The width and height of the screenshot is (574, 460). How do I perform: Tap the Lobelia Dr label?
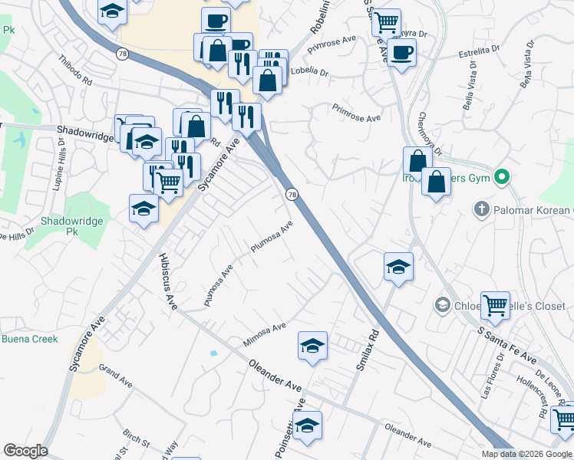(310, 74)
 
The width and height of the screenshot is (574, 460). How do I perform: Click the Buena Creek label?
(29, 339)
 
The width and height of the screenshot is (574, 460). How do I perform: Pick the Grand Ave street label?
(115, 376)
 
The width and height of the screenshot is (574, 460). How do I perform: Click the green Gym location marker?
(503, 178)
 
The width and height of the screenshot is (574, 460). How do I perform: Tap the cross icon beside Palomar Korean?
(481, 209)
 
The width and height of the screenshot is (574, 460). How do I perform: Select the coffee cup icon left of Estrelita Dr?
(401, 53)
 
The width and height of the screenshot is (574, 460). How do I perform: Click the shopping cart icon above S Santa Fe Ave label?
(496, 305)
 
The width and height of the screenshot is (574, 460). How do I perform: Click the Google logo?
(25, 451)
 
